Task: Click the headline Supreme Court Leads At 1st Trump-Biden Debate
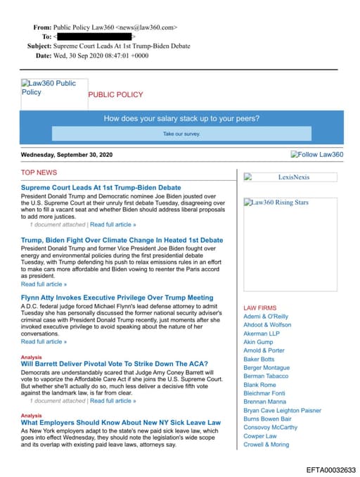tap(101, 188)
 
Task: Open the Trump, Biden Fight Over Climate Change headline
tap(122, 240)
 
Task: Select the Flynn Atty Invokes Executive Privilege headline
tap(117, 298)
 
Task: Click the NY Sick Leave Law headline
tap(120, 422)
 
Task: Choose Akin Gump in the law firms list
tap(258, 342)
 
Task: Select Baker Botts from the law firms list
tap(259, 359)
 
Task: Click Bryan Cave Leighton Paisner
tap(282, 410)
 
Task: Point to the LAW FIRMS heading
tap(259, 308)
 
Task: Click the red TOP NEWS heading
tap(39, 172)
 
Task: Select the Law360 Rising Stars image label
tap(280, 203)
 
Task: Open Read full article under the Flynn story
tap(44, 341)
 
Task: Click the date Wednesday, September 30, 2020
tap(66, 155)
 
